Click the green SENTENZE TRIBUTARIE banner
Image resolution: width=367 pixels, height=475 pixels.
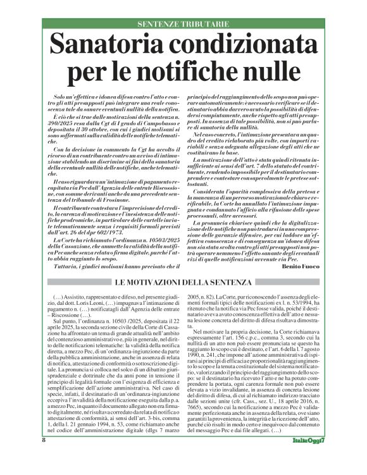point(183,23)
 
